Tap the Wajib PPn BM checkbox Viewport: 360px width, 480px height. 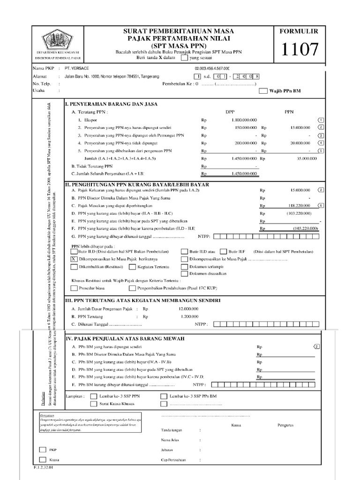coord(263,91)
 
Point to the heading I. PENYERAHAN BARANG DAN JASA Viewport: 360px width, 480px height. coord(111,104)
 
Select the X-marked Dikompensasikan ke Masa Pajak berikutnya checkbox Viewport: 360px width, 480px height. coord(74,259)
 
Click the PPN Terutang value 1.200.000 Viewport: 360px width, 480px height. coord(188,316)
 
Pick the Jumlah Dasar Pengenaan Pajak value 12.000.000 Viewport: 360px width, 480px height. coord(188,309)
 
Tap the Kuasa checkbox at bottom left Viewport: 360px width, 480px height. coord(43,460)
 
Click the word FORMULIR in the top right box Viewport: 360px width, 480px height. coord(299,31)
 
